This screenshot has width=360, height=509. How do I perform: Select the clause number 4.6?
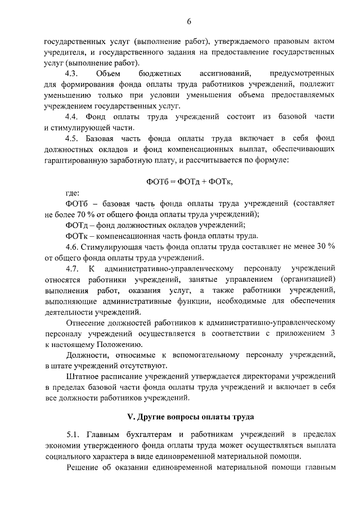click(x=74, y=246)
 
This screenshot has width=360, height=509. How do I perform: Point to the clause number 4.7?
click(x=73, y=268)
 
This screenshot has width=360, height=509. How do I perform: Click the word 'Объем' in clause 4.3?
click(x=108, y=74)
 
